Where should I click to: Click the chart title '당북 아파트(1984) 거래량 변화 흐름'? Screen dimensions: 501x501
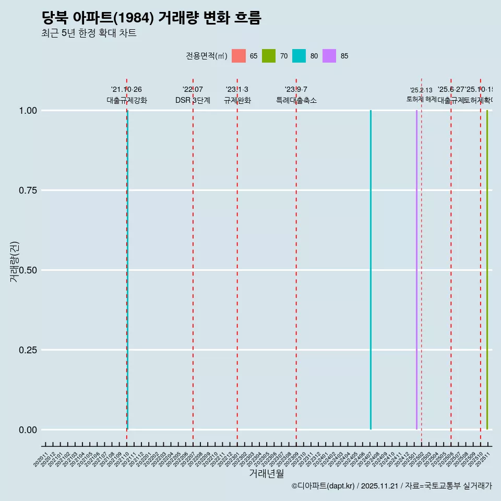(x=151, y=18)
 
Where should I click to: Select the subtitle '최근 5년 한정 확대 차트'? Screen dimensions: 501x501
(x=89, y=33)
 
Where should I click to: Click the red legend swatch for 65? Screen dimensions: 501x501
(x=238, y=56)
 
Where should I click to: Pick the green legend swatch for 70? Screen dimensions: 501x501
(x=269, y=56)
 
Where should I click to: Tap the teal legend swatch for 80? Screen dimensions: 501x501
(x=299, y=56)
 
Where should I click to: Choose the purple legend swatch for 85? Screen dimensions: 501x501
(x=329, y=56)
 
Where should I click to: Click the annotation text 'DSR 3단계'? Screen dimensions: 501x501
(x=193, y=101)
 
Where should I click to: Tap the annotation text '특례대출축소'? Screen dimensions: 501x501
(x=296, y=101)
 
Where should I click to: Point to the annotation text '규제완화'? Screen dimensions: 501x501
(x=237, y=101)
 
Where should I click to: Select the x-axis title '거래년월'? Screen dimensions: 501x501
(x=266, y=474)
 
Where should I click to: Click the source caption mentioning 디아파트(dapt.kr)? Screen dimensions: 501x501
(x=391, y=486)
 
